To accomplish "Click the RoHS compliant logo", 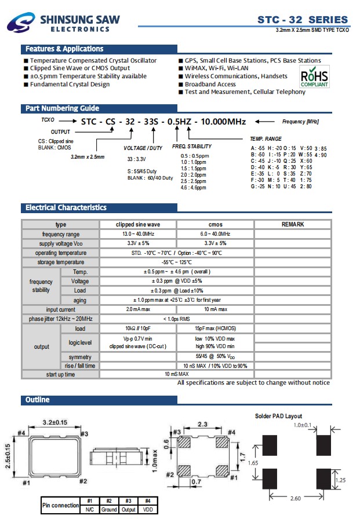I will pyautogui.click(x=315, y=76).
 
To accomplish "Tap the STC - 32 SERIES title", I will pyautogui.click(x=303, y=20).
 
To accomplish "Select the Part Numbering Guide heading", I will pyautogui.click(x=62, y=108).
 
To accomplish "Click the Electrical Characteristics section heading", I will pyautogui.click(x=66, y=207).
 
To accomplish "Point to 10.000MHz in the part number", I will pyautogui.click(x=223, y=122).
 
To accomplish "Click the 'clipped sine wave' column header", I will pyautogui.click(x=138, y=224).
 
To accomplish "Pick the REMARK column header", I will pyautogui.click(x=292, y=224).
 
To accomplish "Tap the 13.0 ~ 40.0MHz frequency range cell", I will pyautogui.click(x=138, y=234).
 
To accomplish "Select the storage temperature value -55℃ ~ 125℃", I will pyautogui.click(x=176, y=262).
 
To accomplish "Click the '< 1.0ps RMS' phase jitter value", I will pyautogui.click(x=176, y=319).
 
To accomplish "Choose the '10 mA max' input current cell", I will pyautogui.click(x=215, y=310).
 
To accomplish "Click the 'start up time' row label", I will pyautogui.click(x=61, y=375).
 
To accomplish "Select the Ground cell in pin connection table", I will pyautogui.click(x=109, y=509).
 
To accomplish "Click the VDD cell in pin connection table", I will pyautogui.click(x=148, y=509).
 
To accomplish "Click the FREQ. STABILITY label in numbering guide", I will pyautogui.click(x=192, y=147).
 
